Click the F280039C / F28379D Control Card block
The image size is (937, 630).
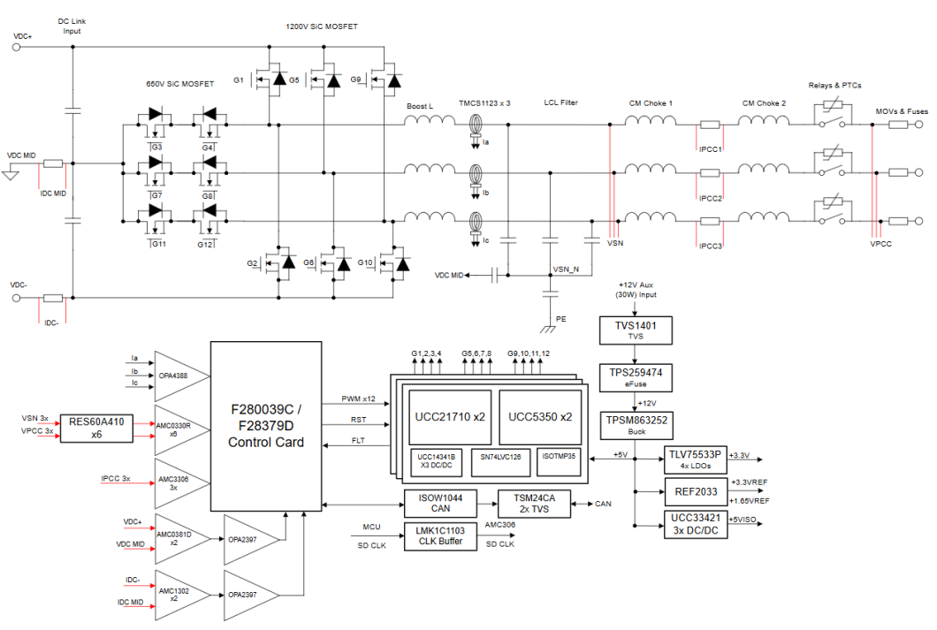click(265, 426)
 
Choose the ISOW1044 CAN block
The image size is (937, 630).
click(439, 504)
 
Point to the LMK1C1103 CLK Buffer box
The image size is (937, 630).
click(439, 535)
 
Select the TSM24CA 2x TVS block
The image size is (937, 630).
click(535, 504)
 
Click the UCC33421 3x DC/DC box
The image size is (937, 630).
click(694, 524)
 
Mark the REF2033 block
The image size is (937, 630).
click(694, 491)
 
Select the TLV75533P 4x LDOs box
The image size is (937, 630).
click(694, 459)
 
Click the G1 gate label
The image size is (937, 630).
click(239, 80)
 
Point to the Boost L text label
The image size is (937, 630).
click(420, 105)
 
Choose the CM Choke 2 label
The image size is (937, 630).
click(764, 103)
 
